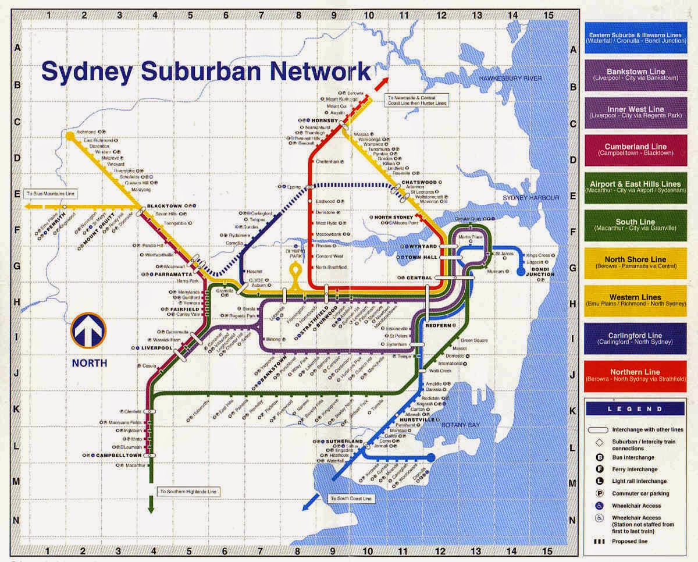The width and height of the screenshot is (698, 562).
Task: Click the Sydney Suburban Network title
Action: pyautogui.click(x=206, y=72)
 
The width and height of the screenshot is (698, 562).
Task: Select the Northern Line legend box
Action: pyautogui.click(x=635, y=375)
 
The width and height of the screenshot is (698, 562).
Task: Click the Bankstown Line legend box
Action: pyautogui.click(x=635, y=74)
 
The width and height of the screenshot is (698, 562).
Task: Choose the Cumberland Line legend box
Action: pyautogui.click(x=635, y=150)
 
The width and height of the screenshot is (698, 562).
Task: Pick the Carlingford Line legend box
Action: pyautogui.click(x=635, y=338)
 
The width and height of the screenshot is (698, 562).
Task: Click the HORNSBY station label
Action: pyautogui.click(x=318, y=120)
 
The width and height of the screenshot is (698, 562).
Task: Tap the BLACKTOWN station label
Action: pyautogui.click(x=165, y=206)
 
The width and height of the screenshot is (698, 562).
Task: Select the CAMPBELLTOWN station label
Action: pyautogui.click(x=119, y=454)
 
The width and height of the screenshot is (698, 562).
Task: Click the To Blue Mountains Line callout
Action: pyautogui.click(x=49, y=193)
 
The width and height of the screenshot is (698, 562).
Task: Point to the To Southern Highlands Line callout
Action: pyautogui.click(x=188, y=492)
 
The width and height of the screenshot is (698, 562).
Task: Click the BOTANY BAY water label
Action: pyautogui.click(x=460, y=425)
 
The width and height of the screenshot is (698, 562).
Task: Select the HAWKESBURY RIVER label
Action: pyautogui.click(x=510, y=78)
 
